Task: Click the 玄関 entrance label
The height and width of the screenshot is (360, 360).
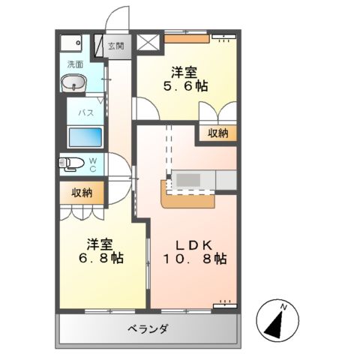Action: click(x=115, y=45)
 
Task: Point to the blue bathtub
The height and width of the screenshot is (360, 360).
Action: click(x=85, y=138)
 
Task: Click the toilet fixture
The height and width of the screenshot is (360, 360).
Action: click(x=72, y=163)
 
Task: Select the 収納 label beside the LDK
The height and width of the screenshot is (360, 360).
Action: click(x=216, y=133)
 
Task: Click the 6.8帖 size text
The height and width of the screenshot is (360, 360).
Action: click(x=101, y=258)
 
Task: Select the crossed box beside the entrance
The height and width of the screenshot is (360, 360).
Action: click(x=148, y=43)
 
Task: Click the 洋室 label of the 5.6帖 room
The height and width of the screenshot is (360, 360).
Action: click(x=185, y=73)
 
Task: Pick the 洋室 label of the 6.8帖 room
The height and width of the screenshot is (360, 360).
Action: click(x=100, y=244)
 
